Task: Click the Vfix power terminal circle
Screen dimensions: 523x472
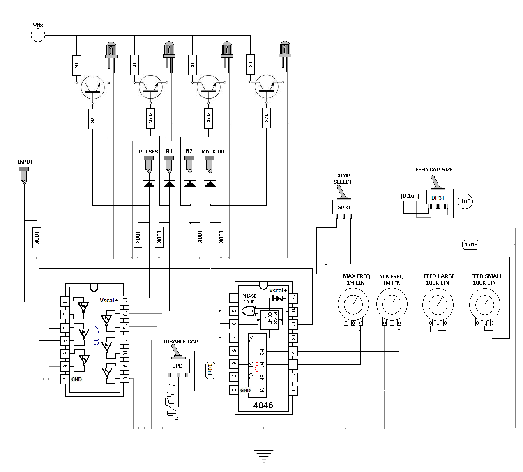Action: point(38,35)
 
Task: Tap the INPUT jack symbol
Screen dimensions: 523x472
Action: point(24,175)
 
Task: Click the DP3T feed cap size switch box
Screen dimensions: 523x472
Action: point(438,197)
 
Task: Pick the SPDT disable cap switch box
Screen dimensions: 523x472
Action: point(178,366)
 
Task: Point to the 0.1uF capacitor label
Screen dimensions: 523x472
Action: point(410,196)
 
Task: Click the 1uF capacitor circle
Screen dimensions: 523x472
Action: point(465,201)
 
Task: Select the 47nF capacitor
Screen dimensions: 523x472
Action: point(470,245)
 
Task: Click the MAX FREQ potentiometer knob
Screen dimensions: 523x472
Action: point(353,304)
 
